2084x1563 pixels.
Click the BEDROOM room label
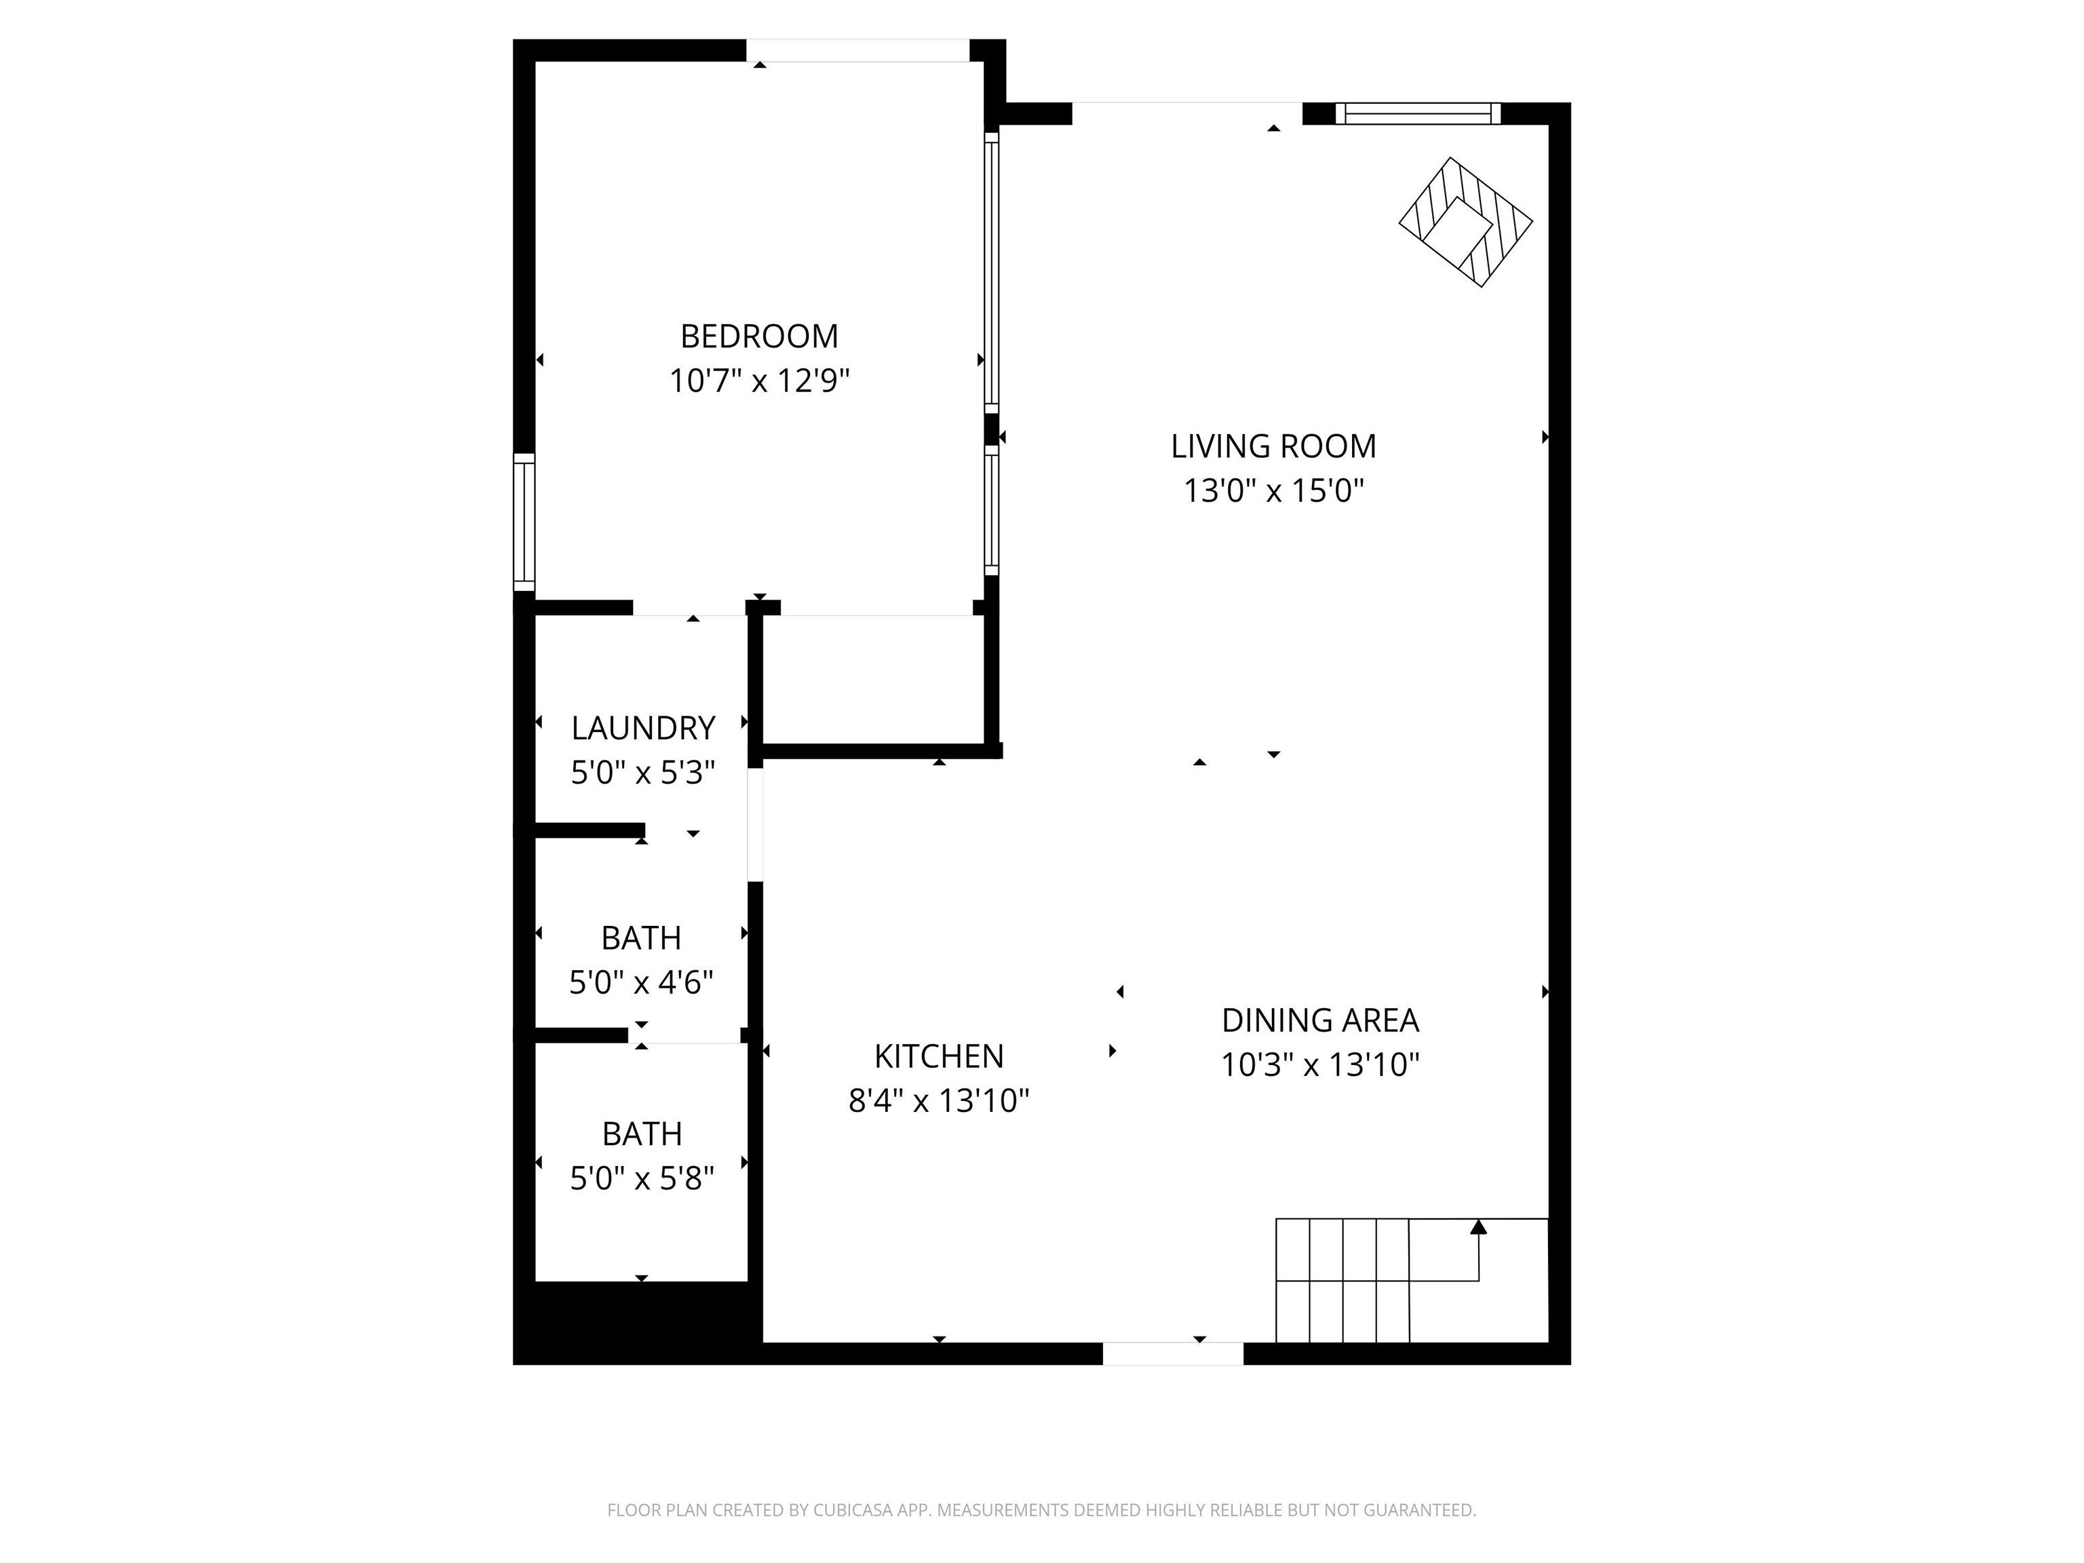point(758,336)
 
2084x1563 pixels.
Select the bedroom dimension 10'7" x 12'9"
point(758,381)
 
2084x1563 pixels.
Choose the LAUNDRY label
point(642,729)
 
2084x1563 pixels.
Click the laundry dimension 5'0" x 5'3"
point(642,773)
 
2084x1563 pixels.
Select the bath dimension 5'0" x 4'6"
point(640,983)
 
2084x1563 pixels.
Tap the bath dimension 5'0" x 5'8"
point(642,1178)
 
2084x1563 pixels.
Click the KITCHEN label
point(938,1056)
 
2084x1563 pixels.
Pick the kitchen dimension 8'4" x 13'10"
point(938,1100)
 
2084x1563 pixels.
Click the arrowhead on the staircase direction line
point(1478,1227)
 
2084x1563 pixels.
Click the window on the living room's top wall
point(1417,114)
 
